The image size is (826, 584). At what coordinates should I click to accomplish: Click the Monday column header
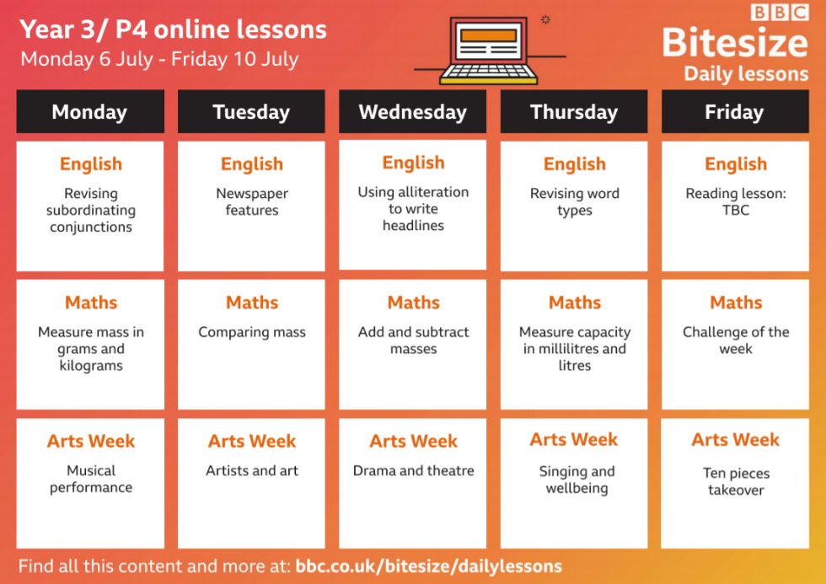pos(90,111)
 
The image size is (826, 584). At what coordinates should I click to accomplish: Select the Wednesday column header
pos(412,111)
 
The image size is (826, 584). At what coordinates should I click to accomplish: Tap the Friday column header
pos(735,111)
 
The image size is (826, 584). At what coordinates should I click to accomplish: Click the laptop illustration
pos(489,51)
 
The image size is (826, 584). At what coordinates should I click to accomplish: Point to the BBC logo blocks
pos(780,13)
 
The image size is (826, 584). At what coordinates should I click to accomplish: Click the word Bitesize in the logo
pos(735,43)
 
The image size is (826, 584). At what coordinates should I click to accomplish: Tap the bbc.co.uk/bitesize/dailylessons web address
pos(429,566)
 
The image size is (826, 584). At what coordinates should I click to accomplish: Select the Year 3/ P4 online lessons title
pos(173,29)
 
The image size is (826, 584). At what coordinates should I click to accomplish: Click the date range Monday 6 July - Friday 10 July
pos(159,59)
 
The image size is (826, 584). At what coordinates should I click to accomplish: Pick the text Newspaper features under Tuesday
pos(252,201)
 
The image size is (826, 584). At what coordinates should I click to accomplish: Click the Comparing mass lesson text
pos(252,332)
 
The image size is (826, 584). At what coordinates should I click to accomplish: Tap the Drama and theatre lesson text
pos(414,471)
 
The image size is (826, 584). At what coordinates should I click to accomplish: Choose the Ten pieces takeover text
pos(736,481)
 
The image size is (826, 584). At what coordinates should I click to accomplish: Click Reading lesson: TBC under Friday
pos(735,201)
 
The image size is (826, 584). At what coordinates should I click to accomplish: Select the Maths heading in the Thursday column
pos(575,303)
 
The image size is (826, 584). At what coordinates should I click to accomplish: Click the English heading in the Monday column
pos(91,164)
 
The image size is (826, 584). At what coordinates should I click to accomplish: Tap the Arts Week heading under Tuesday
pos(252,442)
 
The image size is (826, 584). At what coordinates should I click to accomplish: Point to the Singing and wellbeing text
pos(577,480)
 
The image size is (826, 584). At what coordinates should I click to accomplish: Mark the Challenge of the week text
pos(736,340)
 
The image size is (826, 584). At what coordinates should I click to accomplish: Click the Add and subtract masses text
pos(414,340)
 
